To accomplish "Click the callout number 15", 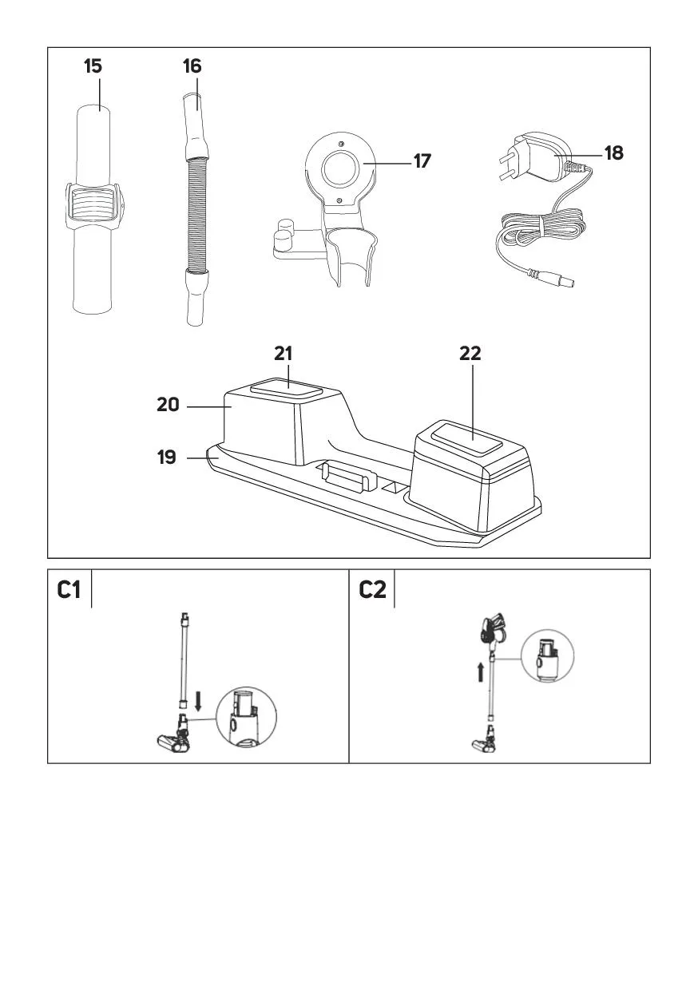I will click(93, 65).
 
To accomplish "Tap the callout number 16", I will click(192, 65).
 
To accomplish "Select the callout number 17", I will click(422, 161).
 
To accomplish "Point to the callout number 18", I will click(613, 152).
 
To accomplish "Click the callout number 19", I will click(166, 458).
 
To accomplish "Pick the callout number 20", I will click(168, 406).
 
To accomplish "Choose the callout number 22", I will click(470, 354).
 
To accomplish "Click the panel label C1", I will click(69, 590).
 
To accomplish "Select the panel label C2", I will click(372, 590).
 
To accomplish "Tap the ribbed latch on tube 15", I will click(94, 205).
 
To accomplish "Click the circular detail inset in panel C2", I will click(547, 656).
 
